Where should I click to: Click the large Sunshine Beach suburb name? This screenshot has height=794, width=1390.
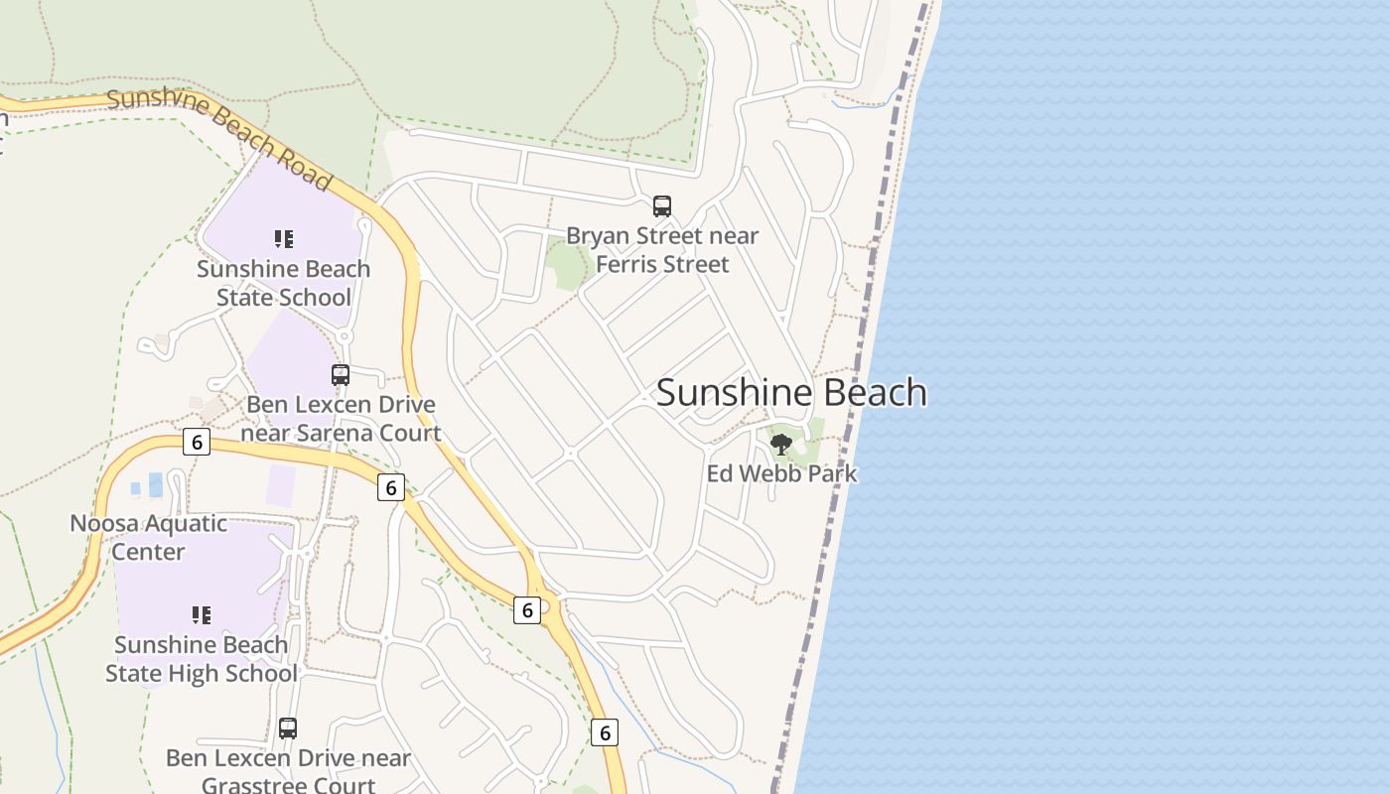[x=791, y=393]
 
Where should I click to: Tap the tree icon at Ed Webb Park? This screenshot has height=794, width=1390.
[x=781, y=444]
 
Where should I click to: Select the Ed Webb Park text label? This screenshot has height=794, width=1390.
[x=781, y=473]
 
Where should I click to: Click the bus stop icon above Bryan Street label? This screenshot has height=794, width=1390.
[x=662, y=206]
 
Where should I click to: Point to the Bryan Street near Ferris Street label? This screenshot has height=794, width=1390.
[x=662, y=250]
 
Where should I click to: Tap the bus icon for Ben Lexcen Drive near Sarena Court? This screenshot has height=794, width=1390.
[x=341, y=375]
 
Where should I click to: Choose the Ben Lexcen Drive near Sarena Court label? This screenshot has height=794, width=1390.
[x=341, y=419]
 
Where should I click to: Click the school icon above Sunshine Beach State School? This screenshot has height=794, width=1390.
[x=284, y=239]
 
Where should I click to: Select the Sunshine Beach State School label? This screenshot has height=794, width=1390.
[x=284, y=283]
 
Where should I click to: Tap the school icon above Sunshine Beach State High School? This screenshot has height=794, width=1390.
[x=202, y=615]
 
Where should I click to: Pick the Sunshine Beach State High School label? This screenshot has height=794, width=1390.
[x=202, y=659]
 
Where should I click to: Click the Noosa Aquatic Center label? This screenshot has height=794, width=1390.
[x=148, y=537]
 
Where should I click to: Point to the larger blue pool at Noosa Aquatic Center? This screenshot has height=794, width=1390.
[x=156, y=484]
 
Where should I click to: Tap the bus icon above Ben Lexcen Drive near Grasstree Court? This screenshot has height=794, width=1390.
[x=288, y=728]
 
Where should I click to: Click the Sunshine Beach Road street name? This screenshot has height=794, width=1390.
[x=219, y=137]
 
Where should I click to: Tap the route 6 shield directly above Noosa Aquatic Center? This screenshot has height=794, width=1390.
[x=197, y=442]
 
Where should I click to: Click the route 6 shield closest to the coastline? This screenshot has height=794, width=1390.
[x=604, y=732]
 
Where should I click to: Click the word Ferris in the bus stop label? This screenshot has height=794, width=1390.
[x=628, y=265]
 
